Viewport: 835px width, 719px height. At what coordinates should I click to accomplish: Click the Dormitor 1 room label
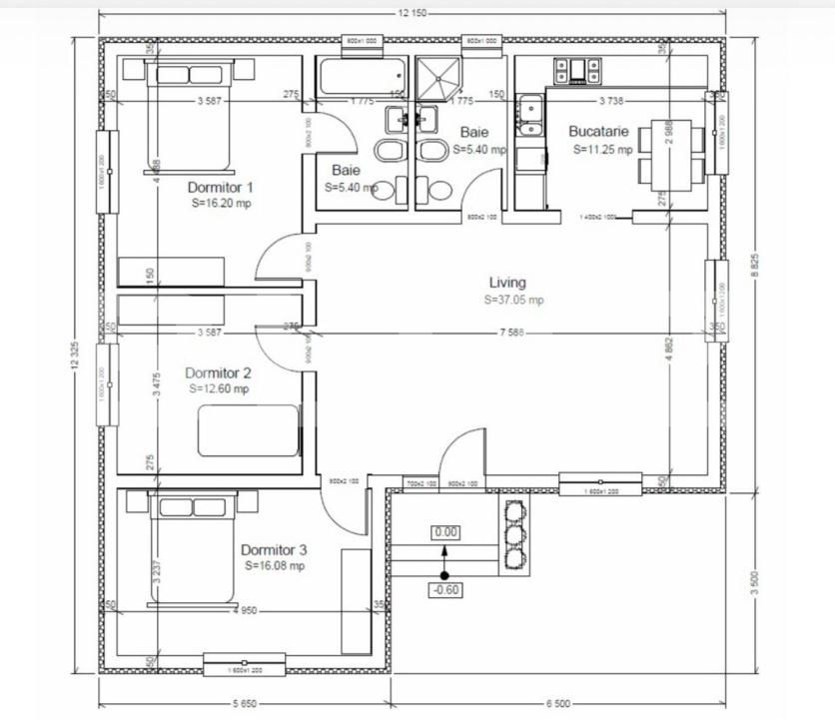(x=221, y=187)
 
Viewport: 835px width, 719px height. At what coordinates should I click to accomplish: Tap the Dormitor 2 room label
(x=218, y=373)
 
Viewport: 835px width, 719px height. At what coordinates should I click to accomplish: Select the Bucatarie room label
(x=598, y=132)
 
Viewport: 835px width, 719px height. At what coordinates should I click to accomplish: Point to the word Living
(x=507, y=283)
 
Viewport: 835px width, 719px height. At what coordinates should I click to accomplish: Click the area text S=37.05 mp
(x=514, y=300)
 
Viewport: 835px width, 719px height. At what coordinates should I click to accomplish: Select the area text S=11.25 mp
(x=603, y=150)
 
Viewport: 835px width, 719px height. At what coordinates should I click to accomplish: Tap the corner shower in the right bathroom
(x=439, y=76)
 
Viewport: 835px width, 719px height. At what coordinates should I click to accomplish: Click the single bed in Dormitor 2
(x=248, y=430)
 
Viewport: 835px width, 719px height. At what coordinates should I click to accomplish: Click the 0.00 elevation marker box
(x=445, y=532)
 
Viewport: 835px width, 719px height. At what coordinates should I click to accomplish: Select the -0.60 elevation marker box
(x=444, y=589)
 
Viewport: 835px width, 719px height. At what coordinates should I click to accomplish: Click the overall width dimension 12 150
(x=413, y=13)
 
